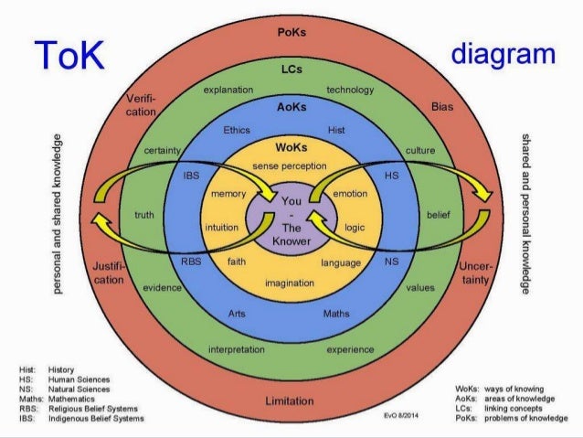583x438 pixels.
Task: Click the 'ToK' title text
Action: coord(69,57)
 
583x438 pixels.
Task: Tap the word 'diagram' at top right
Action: coord(502,55)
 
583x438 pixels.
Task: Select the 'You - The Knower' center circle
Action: coord(291,220)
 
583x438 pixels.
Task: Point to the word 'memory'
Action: coord(228,195)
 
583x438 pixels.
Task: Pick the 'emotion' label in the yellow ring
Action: coord(350,194)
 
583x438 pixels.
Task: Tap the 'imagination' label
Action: coord(290,283)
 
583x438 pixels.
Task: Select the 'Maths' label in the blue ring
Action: coord(336,314)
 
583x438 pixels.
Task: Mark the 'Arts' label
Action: coord(240,314)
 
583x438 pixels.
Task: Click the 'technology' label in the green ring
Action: coord(351,91)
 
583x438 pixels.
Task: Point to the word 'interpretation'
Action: coord(237,349)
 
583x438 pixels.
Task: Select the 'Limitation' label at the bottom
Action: coord(289,401)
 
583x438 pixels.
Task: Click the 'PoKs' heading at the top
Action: coord(291,32)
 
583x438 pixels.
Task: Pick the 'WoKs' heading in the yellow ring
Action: coord(291,146)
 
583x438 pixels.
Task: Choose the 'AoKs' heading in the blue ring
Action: coord(291,106)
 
